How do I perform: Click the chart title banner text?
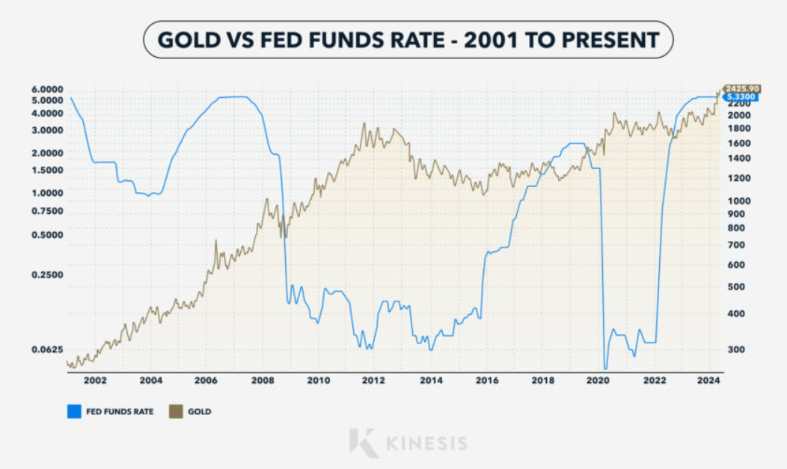[x=408, y=40]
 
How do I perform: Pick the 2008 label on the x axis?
[x=263, y=380]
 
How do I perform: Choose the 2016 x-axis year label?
[x=486, y=380]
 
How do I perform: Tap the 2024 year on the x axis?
[x=708, y=380]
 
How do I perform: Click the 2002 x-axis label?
[x=95, y=380]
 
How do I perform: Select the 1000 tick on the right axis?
[x=738, y=200]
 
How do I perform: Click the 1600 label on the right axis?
[x=738, y=143]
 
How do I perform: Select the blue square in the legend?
[x=73, y=411]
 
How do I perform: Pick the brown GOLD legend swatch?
[x=177, y=411]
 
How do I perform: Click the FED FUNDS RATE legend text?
[x=119, y=411]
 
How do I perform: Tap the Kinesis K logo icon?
[x=364, y=442]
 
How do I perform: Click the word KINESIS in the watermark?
[x=426, y=443]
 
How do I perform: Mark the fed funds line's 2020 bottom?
[x=605, y=368]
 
